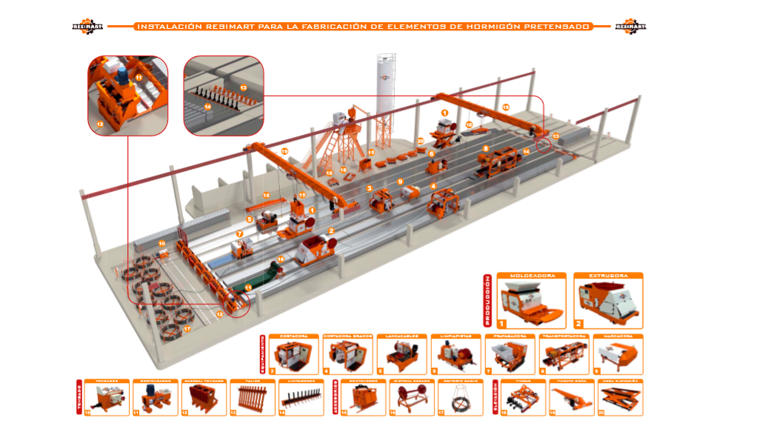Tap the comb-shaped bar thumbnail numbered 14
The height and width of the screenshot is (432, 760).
(x=305, y=399)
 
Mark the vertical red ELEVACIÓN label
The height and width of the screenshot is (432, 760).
(x=494, y=396)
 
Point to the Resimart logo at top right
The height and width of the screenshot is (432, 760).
(x=630, y=27)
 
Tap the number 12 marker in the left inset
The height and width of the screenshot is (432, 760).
(x=100, y=124)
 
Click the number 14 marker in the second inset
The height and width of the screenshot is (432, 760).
(x=208, y=106)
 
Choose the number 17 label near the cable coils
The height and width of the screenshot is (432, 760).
(x=187, y=329)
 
